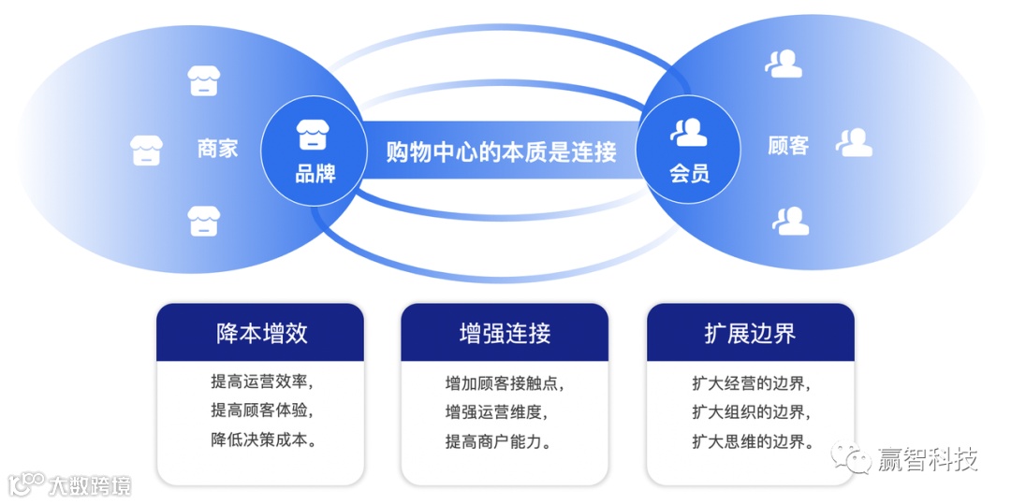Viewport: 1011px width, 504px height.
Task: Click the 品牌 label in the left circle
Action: pos(315,173)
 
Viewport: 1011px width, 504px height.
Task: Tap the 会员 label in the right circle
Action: pos(690,173)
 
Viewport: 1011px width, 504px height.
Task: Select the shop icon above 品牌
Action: pos(315,135)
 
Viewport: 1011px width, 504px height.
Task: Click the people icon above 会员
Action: pos(690,133)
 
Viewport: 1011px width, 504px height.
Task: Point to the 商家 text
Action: pos(217,148)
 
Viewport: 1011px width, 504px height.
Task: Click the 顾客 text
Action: pos(787,146)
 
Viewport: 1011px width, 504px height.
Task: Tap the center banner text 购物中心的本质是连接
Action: pos(502,151)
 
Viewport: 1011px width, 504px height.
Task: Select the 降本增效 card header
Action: pos(260,333)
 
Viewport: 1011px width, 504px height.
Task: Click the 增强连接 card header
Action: pos(505,333)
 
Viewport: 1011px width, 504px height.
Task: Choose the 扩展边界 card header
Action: pos(750,333)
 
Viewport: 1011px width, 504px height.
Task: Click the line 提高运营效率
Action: pos(262,382)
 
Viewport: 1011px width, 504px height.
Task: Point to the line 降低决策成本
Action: pos(262,439)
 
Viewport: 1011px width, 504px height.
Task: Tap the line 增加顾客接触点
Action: pos(505,383)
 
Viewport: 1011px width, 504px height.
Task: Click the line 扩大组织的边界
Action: pos(751,411)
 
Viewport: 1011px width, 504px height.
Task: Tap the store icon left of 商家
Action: pos(146,150)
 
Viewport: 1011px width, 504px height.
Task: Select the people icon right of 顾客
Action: pos(854,143)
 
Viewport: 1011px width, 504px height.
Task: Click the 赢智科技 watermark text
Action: pos(927,459)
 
